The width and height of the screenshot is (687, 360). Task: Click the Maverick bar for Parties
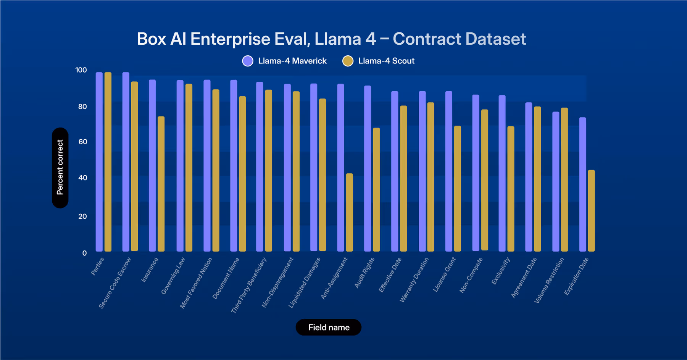click(x=99, y=162)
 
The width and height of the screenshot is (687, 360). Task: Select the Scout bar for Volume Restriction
click(x=564, y=179)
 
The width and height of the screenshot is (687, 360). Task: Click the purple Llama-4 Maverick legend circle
click(x=248, y=61)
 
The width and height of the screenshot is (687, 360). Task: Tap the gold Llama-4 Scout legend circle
click(x=348, y=61)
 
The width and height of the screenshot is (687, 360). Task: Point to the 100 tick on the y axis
click(x=81, y=70)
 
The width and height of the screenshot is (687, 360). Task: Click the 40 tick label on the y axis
click(x=82, y=178)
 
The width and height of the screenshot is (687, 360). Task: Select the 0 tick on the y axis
click(x=84, y=253)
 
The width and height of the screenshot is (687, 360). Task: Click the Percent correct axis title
click(x=60, y=168)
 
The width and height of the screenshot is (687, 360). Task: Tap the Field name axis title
click(x=329, y=328)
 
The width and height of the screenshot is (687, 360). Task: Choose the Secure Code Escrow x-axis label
click(x=114, y=283)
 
